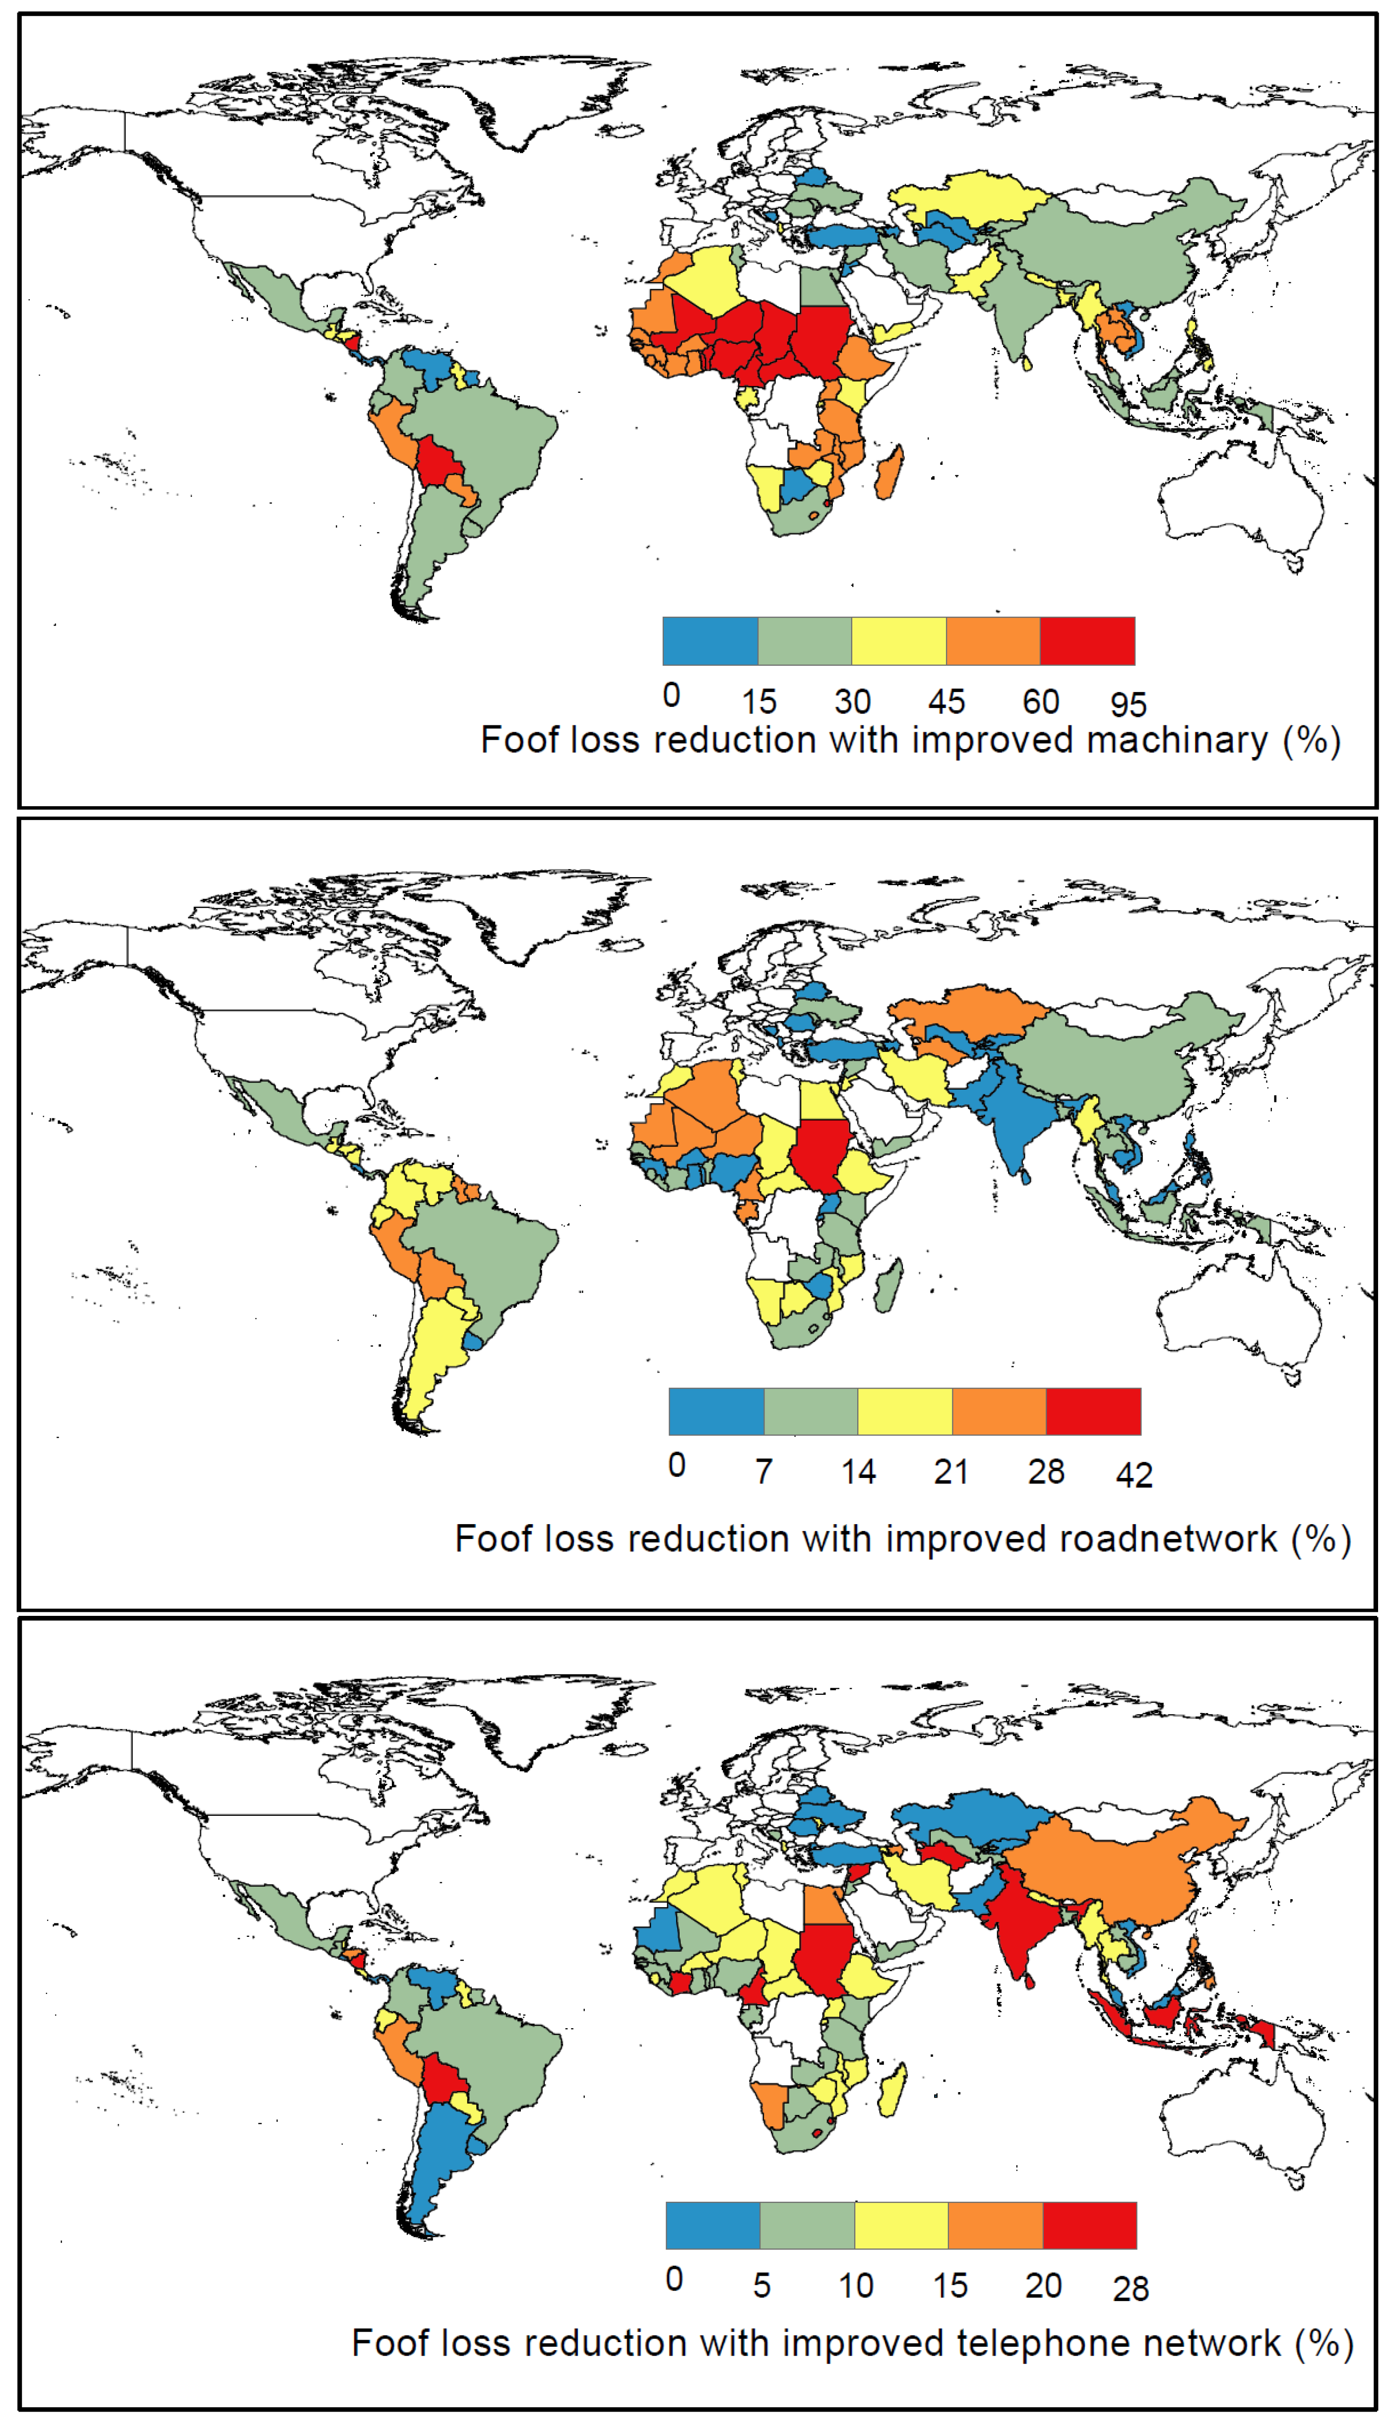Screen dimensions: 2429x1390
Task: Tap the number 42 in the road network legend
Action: (x=1134, y=1475)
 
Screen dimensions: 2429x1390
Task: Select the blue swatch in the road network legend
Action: (x=716, y=1411)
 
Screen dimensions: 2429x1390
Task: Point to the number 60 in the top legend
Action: (x=1041, y=702)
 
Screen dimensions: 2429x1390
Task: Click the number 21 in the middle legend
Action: (x=951, y=1471)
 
